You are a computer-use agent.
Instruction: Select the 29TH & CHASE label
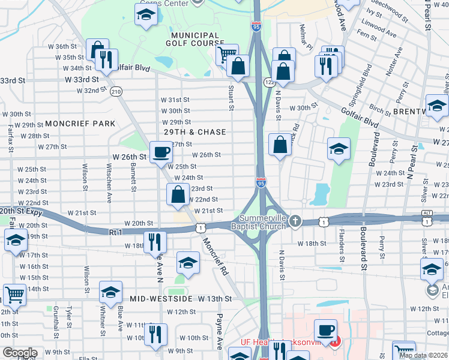195,132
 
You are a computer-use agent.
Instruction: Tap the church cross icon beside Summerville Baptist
295,221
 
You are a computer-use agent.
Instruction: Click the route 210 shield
116,91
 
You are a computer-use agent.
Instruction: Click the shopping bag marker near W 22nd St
178,194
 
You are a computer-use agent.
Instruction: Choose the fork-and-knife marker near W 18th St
155,241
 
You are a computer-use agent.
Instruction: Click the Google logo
20,353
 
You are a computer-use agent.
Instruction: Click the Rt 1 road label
116,232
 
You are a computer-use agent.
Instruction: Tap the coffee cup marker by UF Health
326,331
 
